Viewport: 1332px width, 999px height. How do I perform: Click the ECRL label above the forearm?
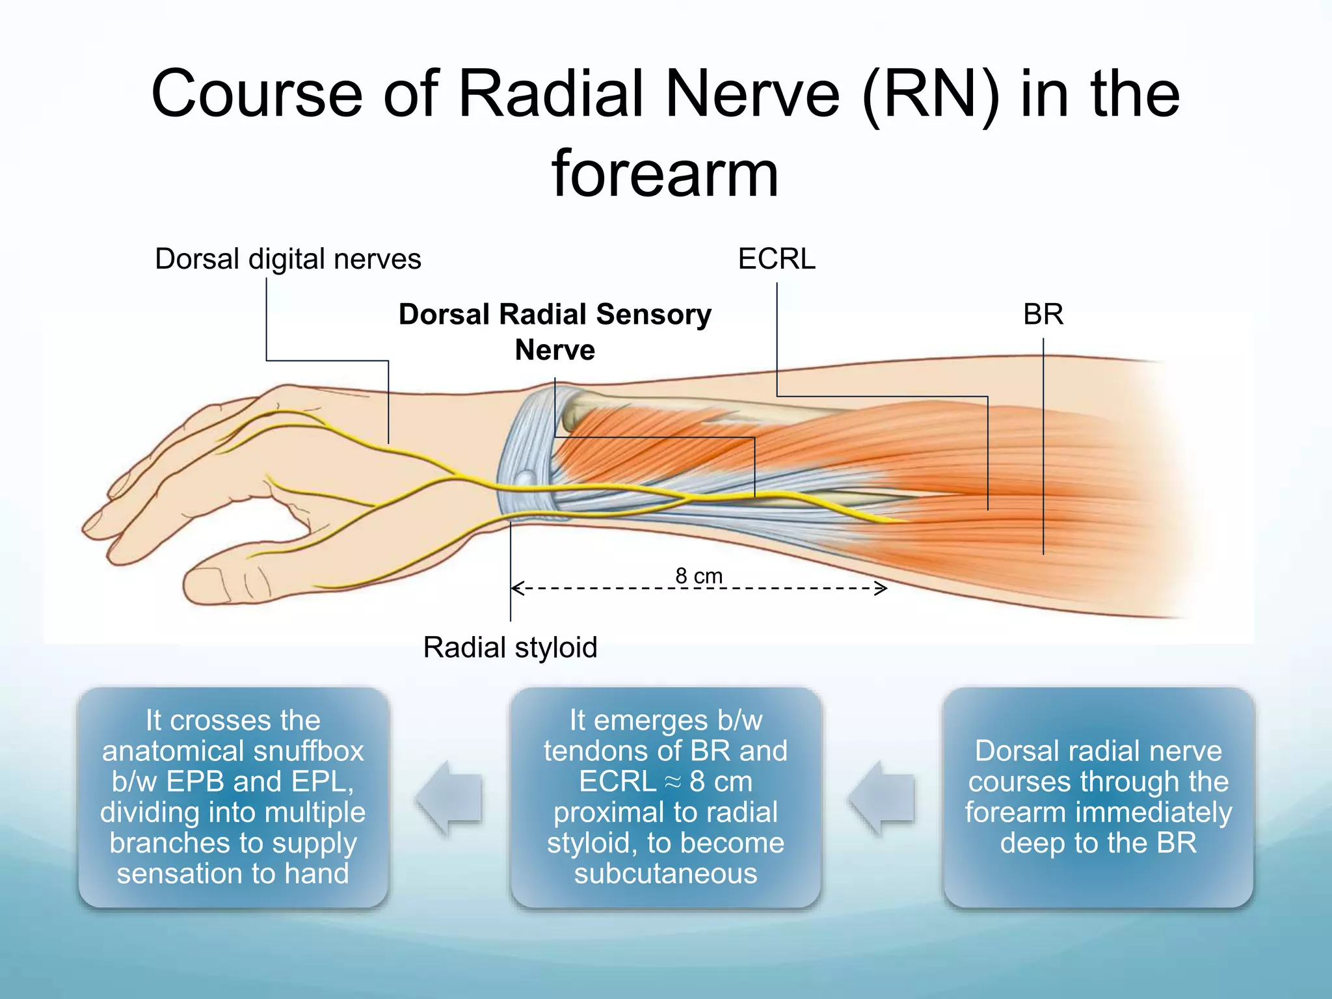[x=777, y=260]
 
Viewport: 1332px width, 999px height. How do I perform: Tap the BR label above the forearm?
[x=1043, y=315]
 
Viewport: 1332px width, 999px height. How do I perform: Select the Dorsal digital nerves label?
[x=287, y=260]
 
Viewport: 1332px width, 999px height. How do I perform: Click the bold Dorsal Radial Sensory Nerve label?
[x=555, y=332]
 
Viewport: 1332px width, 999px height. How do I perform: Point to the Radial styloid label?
[x=510, y=648]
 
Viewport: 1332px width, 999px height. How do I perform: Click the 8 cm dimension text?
[x=699, y=576]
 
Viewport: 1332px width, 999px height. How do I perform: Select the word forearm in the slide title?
[x=665, y=174]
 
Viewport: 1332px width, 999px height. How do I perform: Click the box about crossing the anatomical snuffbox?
[x=233, y=797]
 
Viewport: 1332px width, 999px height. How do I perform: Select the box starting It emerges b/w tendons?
[x=665, y=797]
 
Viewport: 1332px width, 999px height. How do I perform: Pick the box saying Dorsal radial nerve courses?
[x=1098, y=797]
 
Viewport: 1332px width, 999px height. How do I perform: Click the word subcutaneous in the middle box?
[x=665, y=873]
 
